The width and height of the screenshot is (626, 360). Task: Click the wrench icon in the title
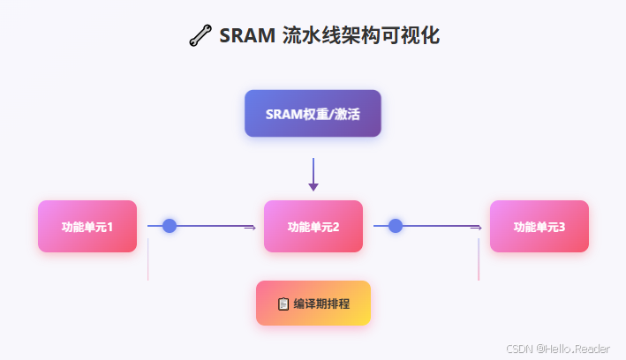tap(200, 35)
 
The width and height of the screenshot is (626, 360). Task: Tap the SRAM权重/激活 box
tap(313, 114)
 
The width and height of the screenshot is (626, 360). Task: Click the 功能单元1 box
tap(87, 227)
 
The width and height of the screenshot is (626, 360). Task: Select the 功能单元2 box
tap(313, 227)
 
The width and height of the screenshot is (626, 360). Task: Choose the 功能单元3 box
tap(539, 227)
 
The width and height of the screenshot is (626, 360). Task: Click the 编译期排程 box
tap(313, 304)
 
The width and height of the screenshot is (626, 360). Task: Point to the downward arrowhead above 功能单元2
tap(313, 186)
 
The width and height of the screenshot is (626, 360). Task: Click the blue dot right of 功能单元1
tap(170, 226)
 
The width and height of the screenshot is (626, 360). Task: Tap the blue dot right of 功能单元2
tap(396, 226)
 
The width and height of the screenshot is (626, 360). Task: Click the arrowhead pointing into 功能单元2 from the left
tap(251, 227)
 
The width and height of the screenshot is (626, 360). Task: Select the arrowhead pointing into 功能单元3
tap(477, 227)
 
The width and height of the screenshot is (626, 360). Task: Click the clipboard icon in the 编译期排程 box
tap(283, 304)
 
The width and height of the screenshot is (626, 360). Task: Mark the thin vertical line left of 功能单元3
tap(479, 260)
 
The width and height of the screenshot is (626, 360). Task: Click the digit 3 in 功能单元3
tap(562, 227)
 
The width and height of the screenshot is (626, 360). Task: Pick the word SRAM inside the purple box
tap(282, 114)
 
